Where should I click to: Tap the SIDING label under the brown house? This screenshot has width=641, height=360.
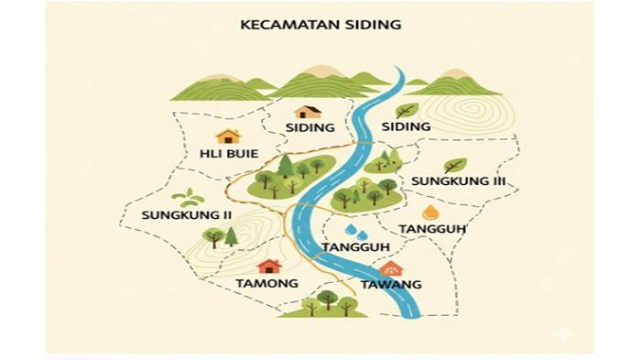310,127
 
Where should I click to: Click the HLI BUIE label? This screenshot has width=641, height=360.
228,153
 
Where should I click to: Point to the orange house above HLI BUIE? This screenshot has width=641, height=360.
227,136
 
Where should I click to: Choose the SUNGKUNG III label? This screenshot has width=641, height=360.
458,181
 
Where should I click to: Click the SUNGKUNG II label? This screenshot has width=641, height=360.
186,215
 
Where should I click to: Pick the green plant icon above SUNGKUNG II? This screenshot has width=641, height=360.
190,197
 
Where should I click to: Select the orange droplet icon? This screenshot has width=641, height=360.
430,213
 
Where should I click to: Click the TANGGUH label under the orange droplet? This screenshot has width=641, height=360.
432,229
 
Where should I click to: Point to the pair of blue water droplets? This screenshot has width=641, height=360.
355,231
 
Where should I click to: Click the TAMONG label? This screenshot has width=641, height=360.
267,283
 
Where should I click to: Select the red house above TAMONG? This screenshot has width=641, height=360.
269,266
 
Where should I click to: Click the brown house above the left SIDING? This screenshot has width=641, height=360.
309,111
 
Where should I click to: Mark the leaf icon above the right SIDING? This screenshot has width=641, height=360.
407,110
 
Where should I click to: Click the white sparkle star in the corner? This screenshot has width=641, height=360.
564,334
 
